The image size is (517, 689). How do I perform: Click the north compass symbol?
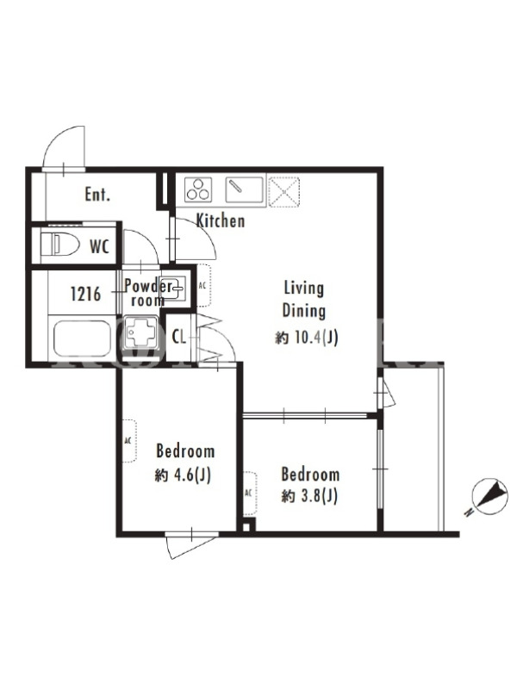point(489,498)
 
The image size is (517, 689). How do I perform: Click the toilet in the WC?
point(59,245)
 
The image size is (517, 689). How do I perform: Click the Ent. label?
point(97,195)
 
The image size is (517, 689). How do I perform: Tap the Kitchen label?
point(221,220)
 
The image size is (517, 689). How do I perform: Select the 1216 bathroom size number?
point(85,294)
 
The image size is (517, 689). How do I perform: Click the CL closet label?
point(179,338)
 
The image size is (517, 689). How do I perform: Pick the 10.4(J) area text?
point(316,338)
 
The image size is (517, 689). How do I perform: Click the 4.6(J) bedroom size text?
point(192,475)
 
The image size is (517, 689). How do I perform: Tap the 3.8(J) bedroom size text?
point(318,497)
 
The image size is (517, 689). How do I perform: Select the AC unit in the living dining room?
point(203,286)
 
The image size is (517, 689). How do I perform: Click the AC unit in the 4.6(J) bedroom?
point(128,441)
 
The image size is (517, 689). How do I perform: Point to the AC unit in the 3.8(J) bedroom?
point(249,493)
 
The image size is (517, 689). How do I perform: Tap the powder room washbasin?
point(173,289)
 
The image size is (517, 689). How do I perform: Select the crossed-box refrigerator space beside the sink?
point(284,191)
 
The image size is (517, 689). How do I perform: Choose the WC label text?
point(99,246)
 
